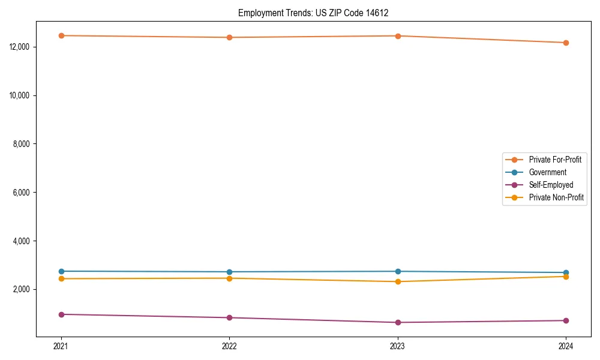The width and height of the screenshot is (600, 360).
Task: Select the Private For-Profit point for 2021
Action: [61, 35]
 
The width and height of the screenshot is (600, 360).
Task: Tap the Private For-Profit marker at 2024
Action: [566, 43]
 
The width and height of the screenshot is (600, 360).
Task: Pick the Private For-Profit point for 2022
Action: [229, 37]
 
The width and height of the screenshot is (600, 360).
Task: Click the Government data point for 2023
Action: [398, 271]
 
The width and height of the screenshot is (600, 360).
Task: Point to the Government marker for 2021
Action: [61, 271]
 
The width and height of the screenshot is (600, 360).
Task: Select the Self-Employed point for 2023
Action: [398, 322]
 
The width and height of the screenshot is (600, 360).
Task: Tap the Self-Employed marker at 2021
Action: [61, 314]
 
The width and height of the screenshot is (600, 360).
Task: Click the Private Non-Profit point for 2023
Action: [398, 281]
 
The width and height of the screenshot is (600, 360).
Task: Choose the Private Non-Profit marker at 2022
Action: [229, 278]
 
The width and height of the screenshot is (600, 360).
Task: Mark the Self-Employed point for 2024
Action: [566, 320]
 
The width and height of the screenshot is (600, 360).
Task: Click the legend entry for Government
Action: [547, 172]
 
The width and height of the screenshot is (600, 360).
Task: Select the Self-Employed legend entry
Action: [551, 185]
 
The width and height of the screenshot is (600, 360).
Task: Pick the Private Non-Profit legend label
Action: [556, 197]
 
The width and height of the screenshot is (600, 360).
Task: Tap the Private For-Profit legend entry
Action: [555, 160]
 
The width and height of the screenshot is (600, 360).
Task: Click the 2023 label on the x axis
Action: [398, 346]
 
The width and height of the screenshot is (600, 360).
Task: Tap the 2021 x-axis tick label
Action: [61, 346]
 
